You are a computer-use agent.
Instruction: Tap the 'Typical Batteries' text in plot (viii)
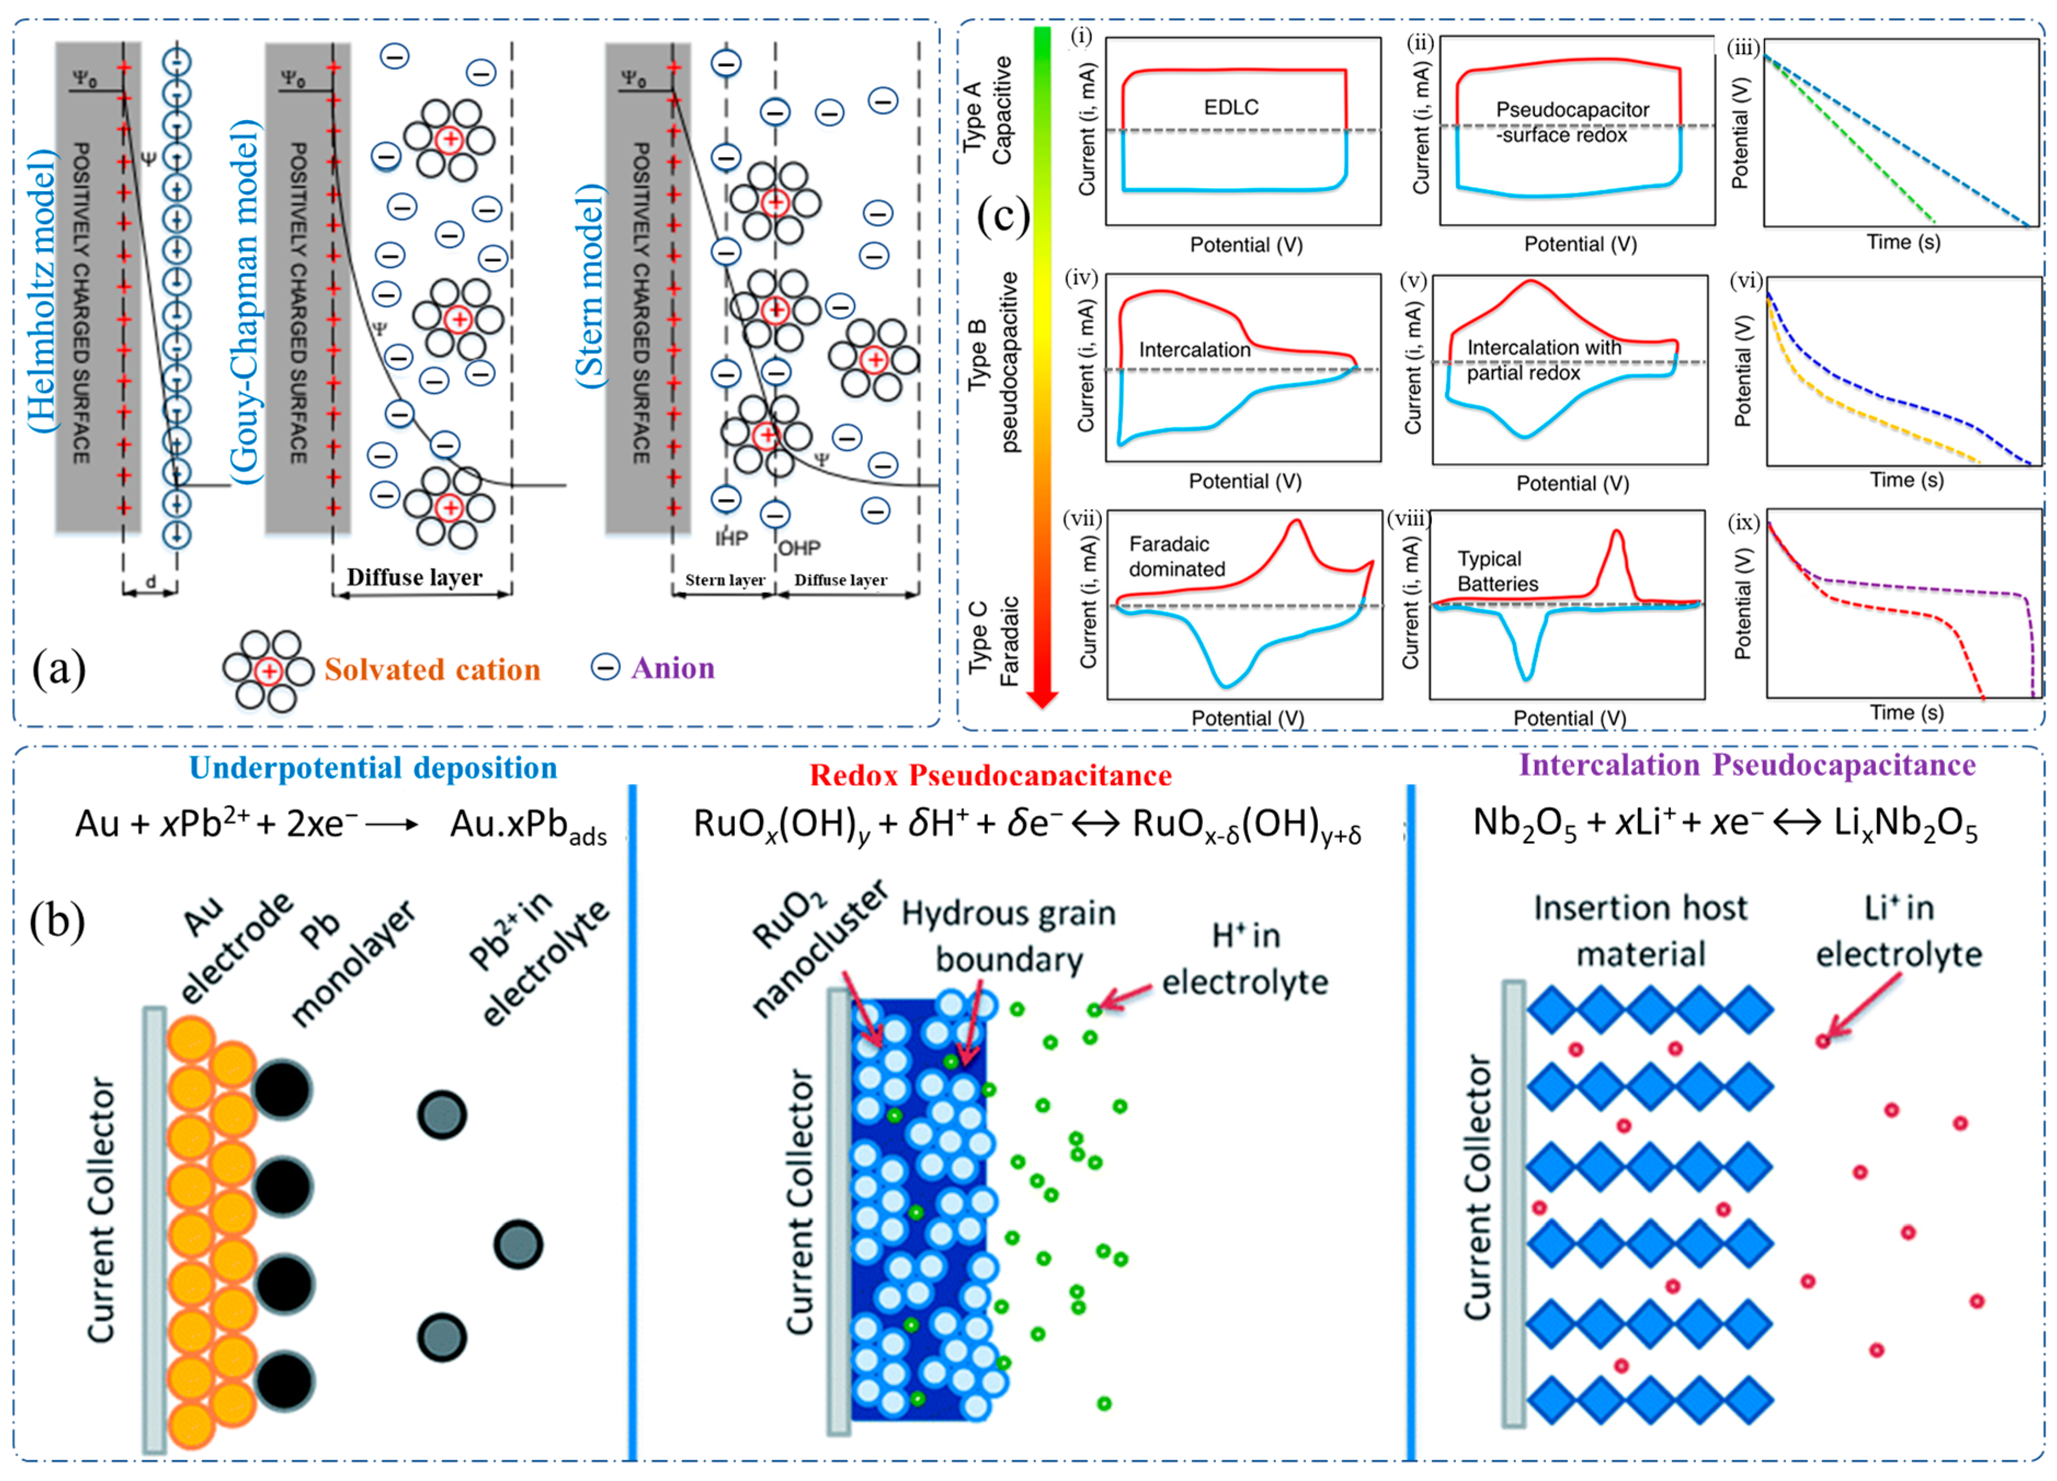point(1498,571)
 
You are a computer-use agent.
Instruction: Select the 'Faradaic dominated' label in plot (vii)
point(1176,556)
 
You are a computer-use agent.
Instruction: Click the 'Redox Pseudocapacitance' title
point(990,775)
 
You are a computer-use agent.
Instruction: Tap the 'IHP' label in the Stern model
point(731,538)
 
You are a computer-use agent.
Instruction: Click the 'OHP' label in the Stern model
point(799,548)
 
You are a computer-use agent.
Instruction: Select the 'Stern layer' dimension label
point(725,580)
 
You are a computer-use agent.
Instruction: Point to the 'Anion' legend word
point(673,668)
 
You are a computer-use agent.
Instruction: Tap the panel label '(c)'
point(1003,216)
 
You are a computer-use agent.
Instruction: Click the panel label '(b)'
point(57,922)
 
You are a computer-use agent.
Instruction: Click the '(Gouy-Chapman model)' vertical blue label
point(245,304)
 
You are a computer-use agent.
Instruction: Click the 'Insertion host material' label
point(1640,931)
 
